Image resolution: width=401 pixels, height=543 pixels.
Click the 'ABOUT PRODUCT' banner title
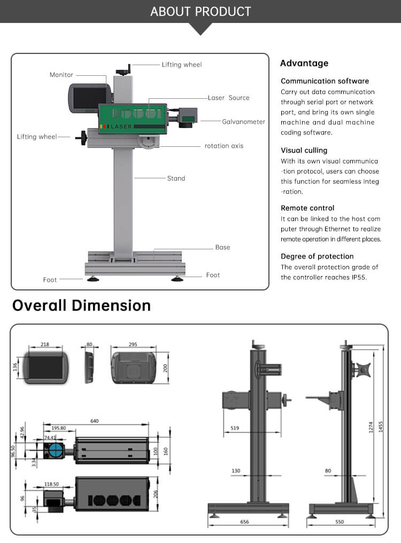click(200, 11)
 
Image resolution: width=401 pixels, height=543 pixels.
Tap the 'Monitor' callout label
click(61, 75)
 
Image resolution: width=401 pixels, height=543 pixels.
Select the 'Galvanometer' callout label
click(243, 122)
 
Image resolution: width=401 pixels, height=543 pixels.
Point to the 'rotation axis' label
click(224, 146)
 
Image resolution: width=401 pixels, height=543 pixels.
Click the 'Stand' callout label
click(176, 178)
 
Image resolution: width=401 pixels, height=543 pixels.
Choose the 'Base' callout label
click(222, 247)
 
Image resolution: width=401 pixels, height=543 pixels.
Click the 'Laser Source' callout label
click(228, 98)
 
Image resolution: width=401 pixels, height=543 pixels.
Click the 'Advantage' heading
click(304, 64)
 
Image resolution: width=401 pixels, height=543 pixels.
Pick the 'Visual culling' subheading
click(304, 151)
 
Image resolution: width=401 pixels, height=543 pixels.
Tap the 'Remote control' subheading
click(307, 208)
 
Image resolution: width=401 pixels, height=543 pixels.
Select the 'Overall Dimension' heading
click(81, 305)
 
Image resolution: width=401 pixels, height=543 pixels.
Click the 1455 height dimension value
click(381, 427)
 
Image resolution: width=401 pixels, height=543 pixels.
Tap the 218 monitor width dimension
click(44, 344)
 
